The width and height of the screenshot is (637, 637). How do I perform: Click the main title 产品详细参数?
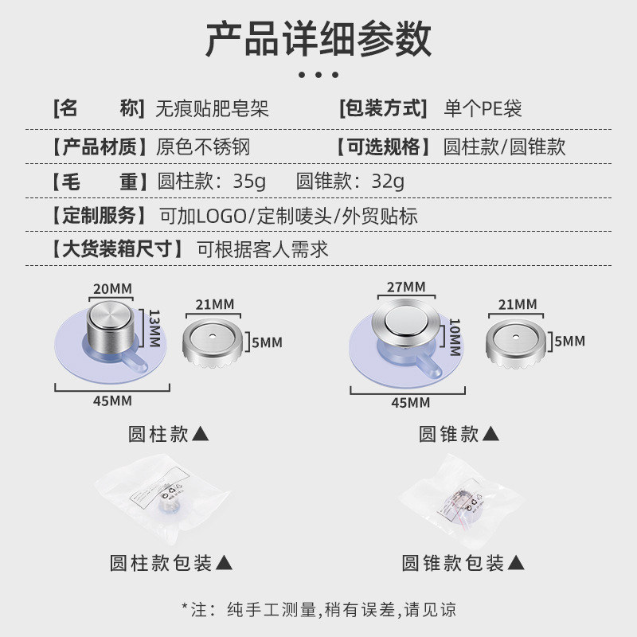pyautogui.click(x=318, y=39)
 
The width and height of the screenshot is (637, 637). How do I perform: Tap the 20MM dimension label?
pyautogui.click(x=112, y=289)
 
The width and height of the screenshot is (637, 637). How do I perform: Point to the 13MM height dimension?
pyautogui.click(x=154, y=328)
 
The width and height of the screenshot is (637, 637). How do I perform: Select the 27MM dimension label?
pyautogui.click(x=406, y=287)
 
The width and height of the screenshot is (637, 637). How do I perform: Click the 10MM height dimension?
pyautogui.click(x=455, y=337)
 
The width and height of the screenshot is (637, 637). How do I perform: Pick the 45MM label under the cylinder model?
pyautogui.click(x=112, y=401)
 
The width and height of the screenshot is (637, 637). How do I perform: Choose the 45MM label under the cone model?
pyautogui.click(x=411, y=403)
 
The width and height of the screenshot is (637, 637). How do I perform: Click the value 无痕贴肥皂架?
pyautogui.click(x=212, y=108)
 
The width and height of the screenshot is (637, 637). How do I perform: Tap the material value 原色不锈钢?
pyautogui.click(x=203, y=147)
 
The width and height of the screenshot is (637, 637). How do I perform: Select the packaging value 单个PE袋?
pyautogui.click(x=483, y=108)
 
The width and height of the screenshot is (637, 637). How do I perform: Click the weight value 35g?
pyautogui.click(x=249, y=182)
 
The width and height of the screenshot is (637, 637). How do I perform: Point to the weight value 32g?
pyautogui.click(x=388, y=182)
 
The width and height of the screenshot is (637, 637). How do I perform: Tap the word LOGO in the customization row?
pyautogui.click(x=222, y=216)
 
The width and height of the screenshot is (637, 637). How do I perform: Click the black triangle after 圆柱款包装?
pyautogui.click(x=224, y=563)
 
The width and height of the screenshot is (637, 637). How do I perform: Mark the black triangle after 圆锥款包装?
pyautogui.click(x=516, y=563)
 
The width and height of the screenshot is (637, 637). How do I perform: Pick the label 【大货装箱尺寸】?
pyautogui.click(x=117, y=249)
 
